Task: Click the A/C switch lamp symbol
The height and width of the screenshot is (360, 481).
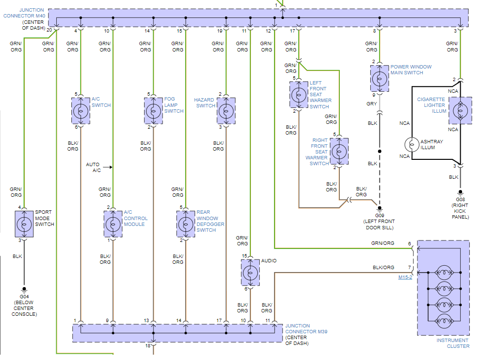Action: pyautogui.click(x=81, y=110)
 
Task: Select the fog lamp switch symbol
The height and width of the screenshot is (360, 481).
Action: pyautogui.click(x=153, y=110)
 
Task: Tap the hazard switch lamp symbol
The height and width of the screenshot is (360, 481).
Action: pyautogui.click(x=226, y=110)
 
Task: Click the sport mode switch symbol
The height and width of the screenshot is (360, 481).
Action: pyautogui.click(x=24, y=224)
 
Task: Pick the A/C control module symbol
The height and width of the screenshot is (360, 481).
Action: pyautogui.click(x=113, y=224)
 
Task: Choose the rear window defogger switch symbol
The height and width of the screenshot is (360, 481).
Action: pyautogui.click(x=185, y=224)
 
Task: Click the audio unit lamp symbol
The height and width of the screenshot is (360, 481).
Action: pyautogui.click(x=250, y=272)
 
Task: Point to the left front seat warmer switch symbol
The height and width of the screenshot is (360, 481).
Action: pyautogui.click(x=299, y=94)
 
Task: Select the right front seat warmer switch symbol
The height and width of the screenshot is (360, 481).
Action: pyautogui.click(x=339, y=151)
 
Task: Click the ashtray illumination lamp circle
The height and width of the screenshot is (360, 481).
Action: pyautogui.click(x=412, y=144)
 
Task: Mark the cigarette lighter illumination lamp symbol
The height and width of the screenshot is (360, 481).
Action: pyautogui.click(x=460, y=110)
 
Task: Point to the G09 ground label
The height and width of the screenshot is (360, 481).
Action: pyautogui.click(x=380, y=215)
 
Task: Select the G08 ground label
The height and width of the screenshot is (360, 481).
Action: pyautogui.click(x=460, y=199)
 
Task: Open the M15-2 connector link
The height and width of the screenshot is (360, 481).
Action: pyautogui.click(x=405, y=277)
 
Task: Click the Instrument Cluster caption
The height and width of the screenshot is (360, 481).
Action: pyautogui.click(x=452, y=343)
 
